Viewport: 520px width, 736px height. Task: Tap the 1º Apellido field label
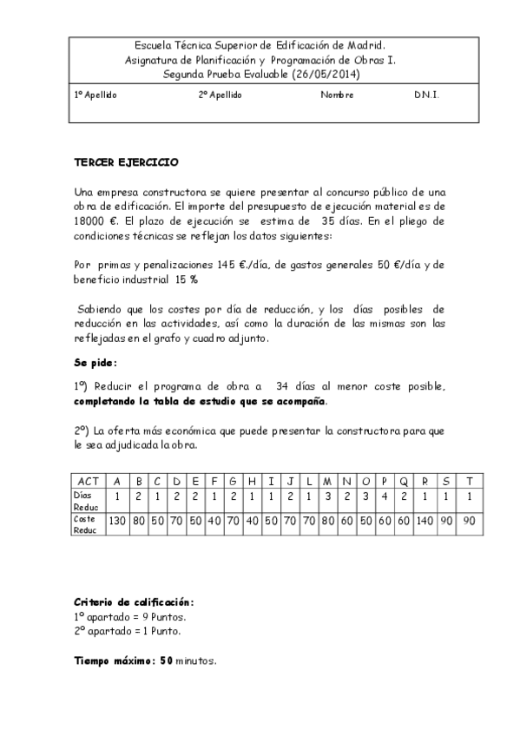pyautogui.click(x=95, y=95)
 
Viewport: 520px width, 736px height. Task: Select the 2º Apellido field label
pyautogui.click(x=220, y=95)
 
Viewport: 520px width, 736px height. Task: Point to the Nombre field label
pyautogui.click(x=337, y=95)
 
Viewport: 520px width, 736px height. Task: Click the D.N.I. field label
pyautogui.click(x=426, y=95)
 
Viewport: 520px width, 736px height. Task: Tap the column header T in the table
pyautogui.click(x=470, y=481)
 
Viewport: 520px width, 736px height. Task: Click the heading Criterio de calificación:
pyautogui.click(x=134, y=601)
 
